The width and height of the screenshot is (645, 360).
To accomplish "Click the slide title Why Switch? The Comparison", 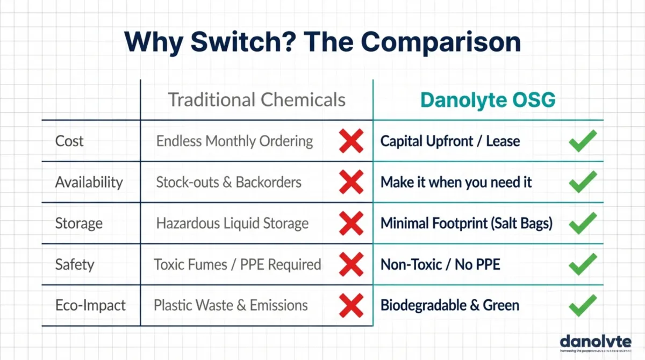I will click(322, 42).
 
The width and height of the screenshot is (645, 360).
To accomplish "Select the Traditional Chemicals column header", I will click(256, 100).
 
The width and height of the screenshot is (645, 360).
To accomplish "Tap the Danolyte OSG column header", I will click(488, 100).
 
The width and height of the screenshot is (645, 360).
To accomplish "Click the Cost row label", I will click(69, 141).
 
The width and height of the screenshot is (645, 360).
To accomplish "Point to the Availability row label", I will click(89, 183).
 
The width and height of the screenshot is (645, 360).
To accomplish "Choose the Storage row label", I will click(78, 224).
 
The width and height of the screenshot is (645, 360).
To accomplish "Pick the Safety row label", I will click(75, 264).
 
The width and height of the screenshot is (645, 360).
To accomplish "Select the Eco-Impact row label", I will click(90, 306).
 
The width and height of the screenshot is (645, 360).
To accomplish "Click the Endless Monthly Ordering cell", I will click(234, 141).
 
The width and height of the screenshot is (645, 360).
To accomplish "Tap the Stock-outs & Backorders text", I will click(228, 183).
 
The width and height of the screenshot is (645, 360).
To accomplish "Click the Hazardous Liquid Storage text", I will click(232, 224).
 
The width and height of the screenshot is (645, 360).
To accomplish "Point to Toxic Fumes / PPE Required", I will click(237, 264).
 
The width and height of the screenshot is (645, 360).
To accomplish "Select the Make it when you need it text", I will click(456, 183).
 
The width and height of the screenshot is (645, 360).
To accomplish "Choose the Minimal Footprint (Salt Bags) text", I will click(466, 224).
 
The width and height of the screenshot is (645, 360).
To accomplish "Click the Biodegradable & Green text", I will click(449, 306).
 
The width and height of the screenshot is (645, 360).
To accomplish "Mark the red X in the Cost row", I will click(351, 141).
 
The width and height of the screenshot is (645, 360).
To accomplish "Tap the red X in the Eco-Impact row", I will click(351, 306).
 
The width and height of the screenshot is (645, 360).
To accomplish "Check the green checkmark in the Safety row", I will click(583, 264).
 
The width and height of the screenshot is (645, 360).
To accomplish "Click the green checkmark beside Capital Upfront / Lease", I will click(583, 141).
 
